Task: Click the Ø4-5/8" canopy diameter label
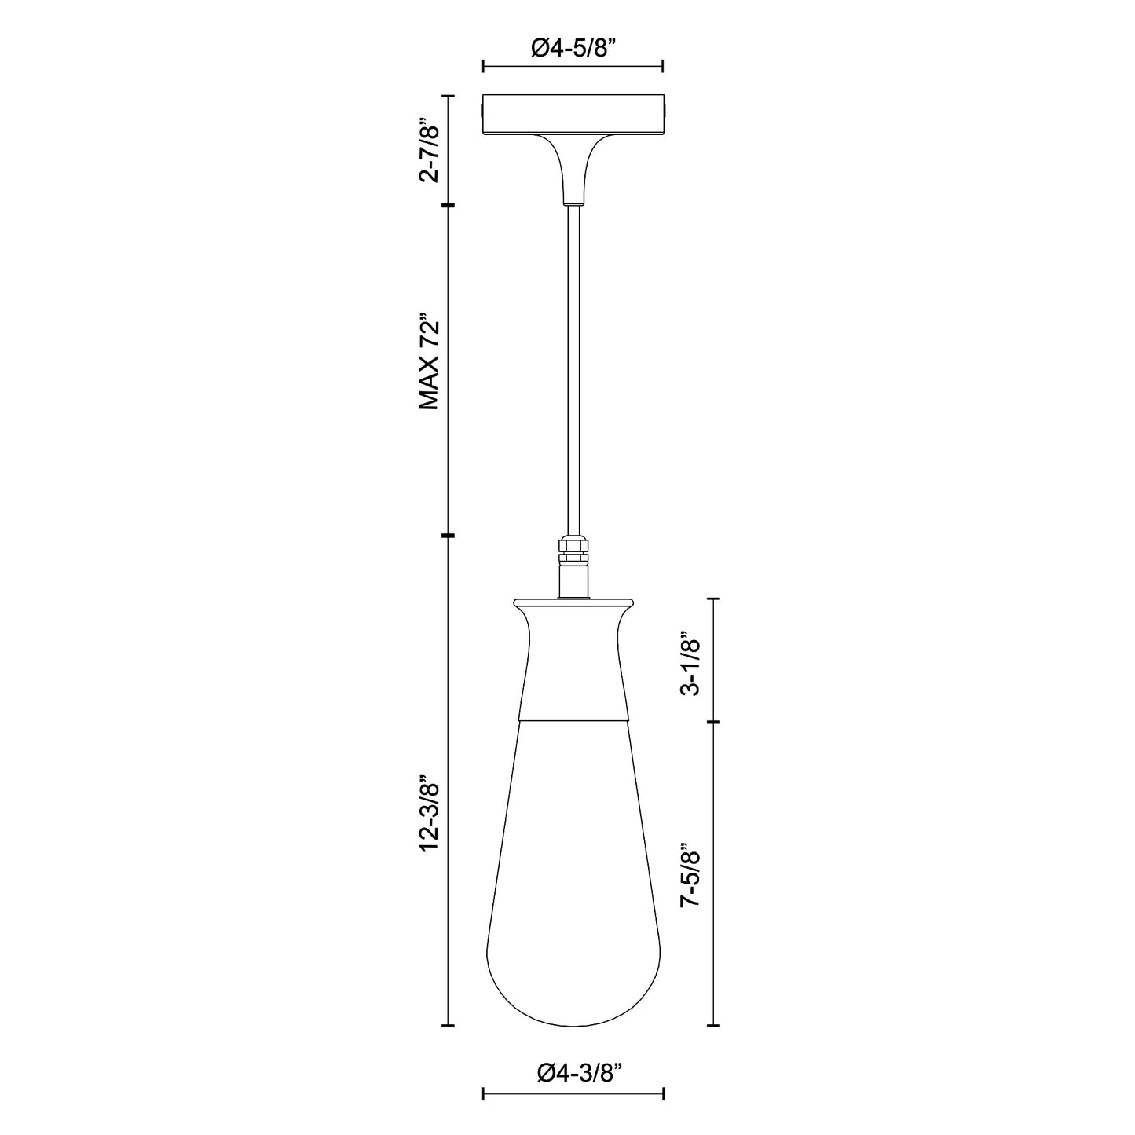573,49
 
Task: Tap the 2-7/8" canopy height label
427,151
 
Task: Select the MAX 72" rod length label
427,365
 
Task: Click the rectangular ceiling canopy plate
573,114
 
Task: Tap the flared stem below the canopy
573,169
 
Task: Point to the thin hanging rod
573,369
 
